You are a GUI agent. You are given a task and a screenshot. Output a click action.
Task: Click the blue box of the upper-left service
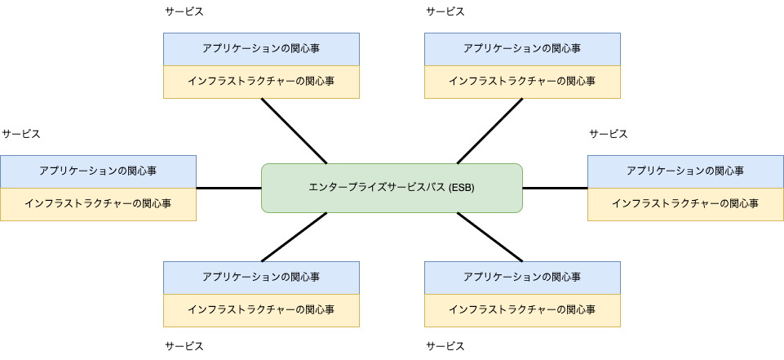261,49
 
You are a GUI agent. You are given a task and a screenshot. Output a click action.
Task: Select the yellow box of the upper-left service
261,82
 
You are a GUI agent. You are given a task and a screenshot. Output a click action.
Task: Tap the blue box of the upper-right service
522,49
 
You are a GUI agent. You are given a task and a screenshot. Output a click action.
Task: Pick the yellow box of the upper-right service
522,82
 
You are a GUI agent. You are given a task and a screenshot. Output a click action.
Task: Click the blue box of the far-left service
98,171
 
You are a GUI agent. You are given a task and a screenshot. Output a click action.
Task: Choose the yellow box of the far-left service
98,204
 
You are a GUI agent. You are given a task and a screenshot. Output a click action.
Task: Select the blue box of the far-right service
685,171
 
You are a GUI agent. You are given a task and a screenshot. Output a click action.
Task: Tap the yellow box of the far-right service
685,204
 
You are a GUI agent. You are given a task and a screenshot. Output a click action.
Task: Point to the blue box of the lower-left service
261,278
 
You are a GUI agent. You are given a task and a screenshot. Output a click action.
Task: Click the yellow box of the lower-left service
261,310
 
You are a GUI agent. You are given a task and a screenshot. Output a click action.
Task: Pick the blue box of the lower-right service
522,278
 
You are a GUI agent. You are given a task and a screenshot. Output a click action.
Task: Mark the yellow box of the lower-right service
522,310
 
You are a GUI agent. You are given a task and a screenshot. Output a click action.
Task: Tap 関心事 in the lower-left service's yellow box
320,310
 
